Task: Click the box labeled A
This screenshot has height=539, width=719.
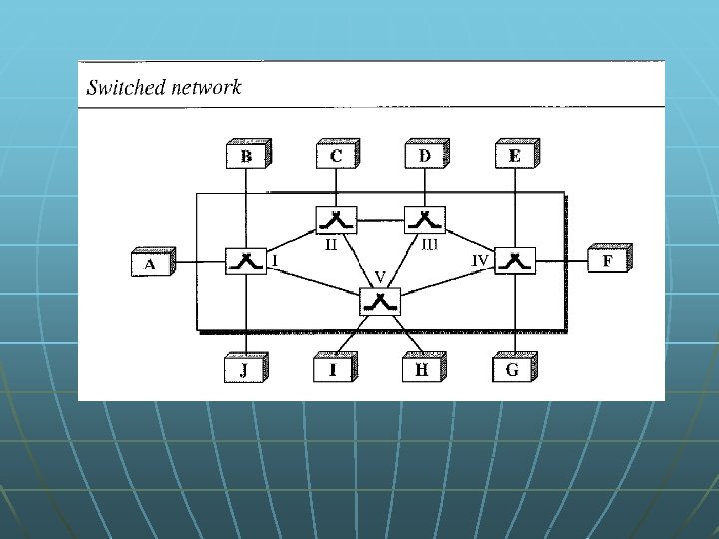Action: click(150, 264)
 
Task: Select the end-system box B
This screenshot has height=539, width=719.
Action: click(245, 156)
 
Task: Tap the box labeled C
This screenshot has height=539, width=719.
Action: click(335, 156)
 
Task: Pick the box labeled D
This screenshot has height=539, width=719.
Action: click(425, 156)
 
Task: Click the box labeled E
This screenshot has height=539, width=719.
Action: click(514, 156)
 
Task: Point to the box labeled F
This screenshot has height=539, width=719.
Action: click(607, 262)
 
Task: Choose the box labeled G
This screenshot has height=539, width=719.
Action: click(513, 370)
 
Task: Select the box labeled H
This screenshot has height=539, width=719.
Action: click(422, 370)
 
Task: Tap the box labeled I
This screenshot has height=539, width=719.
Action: click(332, 370)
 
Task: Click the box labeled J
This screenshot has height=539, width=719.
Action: click(243, 370)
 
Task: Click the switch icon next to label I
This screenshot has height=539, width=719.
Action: click(243, 262)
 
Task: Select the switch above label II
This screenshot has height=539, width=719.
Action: click(335, 219)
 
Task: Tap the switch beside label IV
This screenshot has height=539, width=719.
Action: click(514, 262)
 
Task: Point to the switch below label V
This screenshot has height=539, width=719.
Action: click(379, 301)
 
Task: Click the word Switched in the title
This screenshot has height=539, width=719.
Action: click(123, 87)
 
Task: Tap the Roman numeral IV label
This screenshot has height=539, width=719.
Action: click(481, 258)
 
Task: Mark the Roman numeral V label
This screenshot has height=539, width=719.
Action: click(380, 274)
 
